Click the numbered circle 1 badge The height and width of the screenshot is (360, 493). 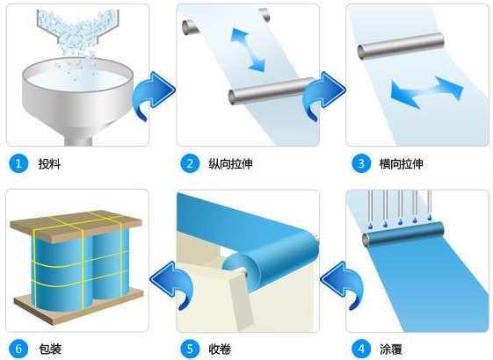(x=17, y=163)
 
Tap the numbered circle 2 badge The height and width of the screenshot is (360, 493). (x=188, y=163)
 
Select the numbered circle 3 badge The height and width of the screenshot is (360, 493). (x=359, y=163)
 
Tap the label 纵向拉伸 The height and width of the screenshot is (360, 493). (x=229, y=163)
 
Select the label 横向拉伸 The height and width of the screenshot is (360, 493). (x=401, y=163)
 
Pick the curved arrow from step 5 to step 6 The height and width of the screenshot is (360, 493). (x=169, y=280)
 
